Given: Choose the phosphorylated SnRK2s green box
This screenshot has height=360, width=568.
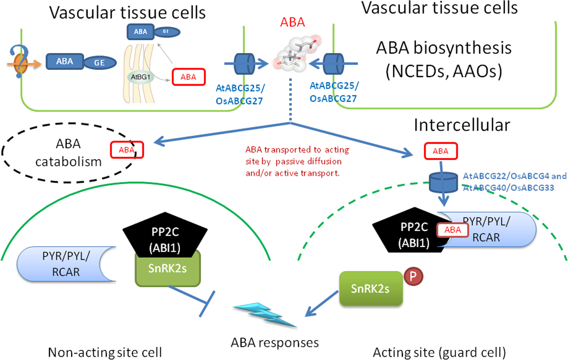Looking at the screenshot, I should (x=372, y=289).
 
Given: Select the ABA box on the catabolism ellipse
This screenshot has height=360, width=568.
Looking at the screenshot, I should (x=127, y=150).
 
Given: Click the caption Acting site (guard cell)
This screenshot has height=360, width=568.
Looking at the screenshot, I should (x=439, y=351).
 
